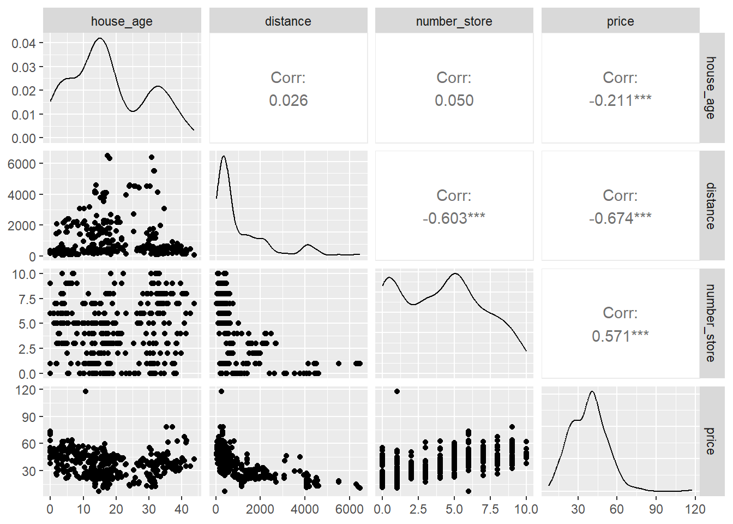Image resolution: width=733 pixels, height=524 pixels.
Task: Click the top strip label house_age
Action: click(122, 21)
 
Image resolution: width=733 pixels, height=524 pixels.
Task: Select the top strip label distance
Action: click(288, 21)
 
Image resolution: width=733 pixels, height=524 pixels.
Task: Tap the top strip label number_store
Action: click(454, 21)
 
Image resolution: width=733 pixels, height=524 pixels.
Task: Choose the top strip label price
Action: click(620, 21)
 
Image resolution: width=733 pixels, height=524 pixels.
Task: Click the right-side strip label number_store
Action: click(710, 323)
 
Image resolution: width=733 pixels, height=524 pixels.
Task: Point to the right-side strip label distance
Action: click(710, 206)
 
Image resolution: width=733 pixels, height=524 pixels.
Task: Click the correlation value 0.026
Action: click(288, 100)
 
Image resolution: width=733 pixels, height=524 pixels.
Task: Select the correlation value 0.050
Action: click(454, 100)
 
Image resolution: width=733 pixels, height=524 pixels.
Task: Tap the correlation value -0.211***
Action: click(620, 100)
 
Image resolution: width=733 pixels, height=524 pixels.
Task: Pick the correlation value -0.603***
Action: click(454, 218)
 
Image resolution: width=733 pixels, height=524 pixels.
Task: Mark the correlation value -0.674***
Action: click(620, 218)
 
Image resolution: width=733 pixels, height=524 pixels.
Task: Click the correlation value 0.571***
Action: click(620, 336)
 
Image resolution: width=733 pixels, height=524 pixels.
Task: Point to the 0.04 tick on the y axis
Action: click(23, 43)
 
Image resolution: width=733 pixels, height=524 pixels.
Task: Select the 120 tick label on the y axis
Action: click(26, 390)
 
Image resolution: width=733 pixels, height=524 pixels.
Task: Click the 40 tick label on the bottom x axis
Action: click(182, 509)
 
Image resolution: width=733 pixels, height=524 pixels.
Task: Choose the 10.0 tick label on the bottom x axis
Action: click(526, 509)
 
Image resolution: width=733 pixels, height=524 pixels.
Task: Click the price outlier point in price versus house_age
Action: click(85, 391)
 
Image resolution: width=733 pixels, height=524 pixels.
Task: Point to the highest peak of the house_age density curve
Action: click(99, 38)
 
